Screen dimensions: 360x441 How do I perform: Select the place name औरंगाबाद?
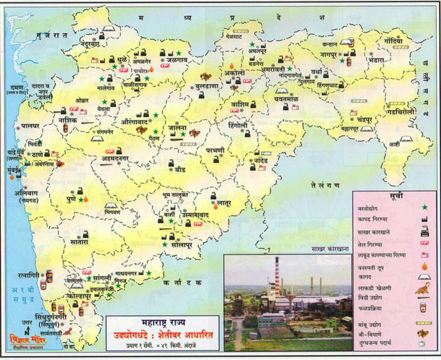(134, 122)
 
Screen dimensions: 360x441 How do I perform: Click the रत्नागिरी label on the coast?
(28, 276)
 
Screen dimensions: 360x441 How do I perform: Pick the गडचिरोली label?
(400, 112)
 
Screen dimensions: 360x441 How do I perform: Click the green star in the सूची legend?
(424, 207)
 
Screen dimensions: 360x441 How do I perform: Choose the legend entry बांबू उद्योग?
(369, 325)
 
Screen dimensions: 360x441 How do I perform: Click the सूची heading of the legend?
(396, 196)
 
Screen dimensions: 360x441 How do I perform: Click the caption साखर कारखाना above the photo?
(330, 249)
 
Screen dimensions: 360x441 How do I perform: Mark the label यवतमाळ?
(286, 99)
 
